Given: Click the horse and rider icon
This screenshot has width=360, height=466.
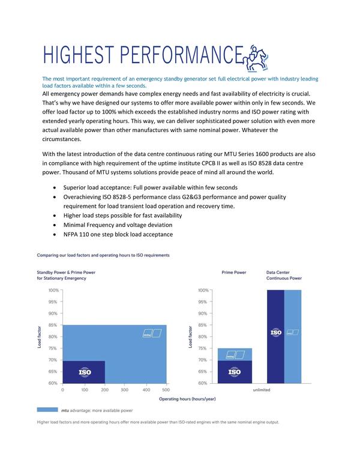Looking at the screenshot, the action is (255, 58).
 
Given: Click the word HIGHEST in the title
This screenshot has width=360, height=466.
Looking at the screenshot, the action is (79, 55).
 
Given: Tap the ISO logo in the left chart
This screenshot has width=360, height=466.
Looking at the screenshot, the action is (85, 372).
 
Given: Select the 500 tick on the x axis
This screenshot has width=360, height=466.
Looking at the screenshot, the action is (166, 390).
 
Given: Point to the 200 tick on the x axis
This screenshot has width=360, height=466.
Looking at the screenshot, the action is (105, 390).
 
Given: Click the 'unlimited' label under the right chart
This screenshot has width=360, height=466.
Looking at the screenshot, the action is (262, 390).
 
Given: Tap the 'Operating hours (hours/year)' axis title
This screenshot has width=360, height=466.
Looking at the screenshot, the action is (187, 399).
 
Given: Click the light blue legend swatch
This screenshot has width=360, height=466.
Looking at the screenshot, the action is (47, 410).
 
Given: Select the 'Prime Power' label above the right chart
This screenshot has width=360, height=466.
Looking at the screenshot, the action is (234, 272).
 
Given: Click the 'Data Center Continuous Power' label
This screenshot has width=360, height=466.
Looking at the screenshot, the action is (284, 275).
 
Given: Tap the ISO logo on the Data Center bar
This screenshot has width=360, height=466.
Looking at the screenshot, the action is (276, 332).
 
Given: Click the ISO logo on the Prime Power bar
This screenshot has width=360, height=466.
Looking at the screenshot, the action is (235, 372).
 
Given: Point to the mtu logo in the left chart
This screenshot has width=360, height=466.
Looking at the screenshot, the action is (152, 333).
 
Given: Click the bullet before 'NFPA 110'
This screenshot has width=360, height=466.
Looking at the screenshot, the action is (55, 234).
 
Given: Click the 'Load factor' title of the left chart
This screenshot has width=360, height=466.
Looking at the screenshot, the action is (39, 337).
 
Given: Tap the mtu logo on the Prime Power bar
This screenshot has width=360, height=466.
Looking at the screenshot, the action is (236, 355).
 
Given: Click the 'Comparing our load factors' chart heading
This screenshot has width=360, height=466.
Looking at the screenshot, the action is (103, 255).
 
